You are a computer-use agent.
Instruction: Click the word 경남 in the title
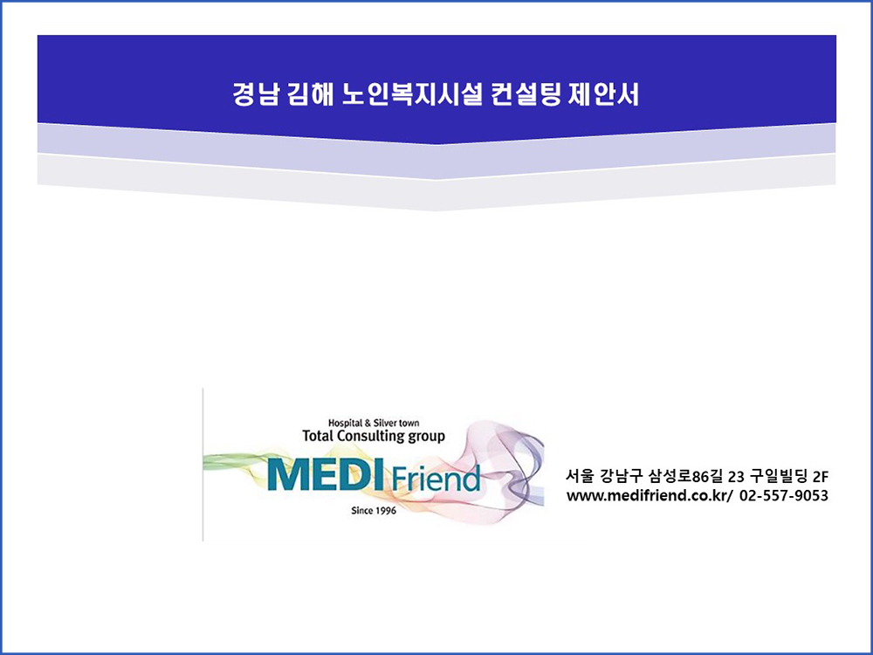[254, 94]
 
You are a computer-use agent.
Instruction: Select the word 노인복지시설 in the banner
[411, 94]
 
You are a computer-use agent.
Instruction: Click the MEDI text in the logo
[326, 475]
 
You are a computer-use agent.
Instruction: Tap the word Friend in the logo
[436, 479]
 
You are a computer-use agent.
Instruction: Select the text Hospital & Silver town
[374, 424]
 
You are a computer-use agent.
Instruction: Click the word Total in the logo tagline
[318, 436]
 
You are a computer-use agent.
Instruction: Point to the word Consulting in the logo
[371, 436]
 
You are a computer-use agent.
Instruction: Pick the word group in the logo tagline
[427, 437]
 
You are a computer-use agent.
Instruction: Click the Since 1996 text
[374, 511]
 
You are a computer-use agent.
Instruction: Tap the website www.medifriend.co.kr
[648, 495]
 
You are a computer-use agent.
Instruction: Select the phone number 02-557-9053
[784, 495]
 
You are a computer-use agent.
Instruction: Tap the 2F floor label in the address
[821, 477]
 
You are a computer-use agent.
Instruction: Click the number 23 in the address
[736, 477]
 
